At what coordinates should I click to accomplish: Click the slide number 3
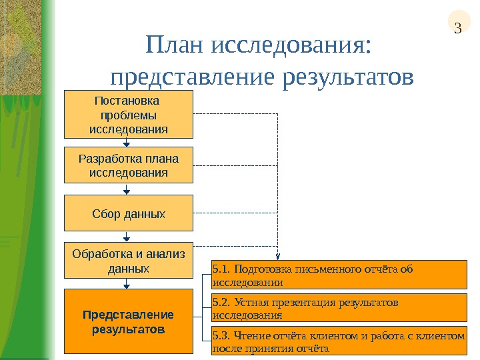point(457,28)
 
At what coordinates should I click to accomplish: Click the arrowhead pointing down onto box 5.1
point(278,257)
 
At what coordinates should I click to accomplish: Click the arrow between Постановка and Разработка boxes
point(127,142)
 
